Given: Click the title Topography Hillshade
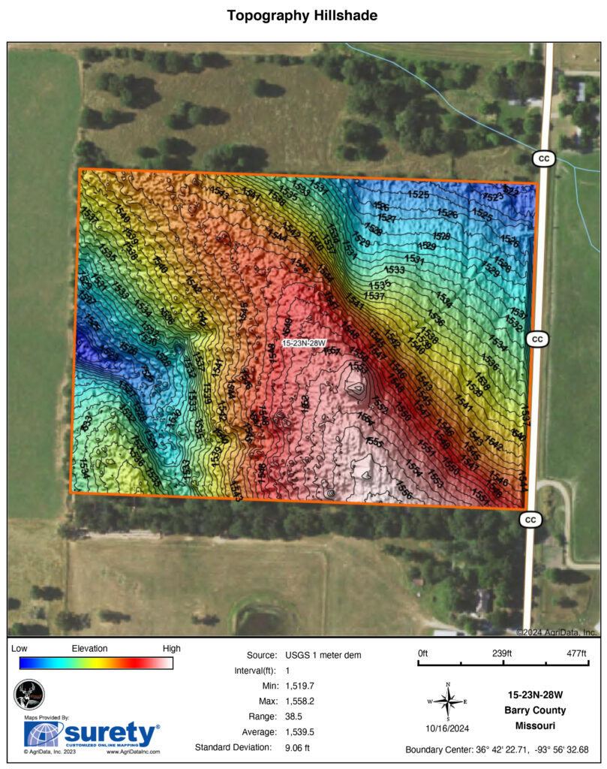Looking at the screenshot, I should pos(302,15).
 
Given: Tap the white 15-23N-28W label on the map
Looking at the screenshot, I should pos(303,342).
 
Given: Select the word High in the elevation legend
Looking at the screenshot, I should pos(171,648).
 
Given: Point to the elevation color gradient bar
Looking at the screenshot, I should pos(97,662).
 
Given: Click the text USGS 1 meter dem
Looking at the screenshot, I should pos(317,655).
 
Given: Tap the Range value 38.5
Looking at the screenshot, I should pos(293,716).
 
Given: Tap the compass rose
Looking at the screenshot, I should pos(448,702).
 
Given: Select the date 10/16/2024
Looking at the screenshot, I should pos(448,728).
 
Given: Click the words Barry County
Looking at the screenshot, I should pos(535,710).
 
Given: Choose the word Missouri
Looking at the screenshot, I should pos(535,725).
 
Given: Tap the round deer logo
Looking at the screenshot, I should pos(29,694).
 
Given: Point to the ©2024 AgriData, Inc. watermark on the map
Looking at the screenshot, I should pos(557,632).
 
